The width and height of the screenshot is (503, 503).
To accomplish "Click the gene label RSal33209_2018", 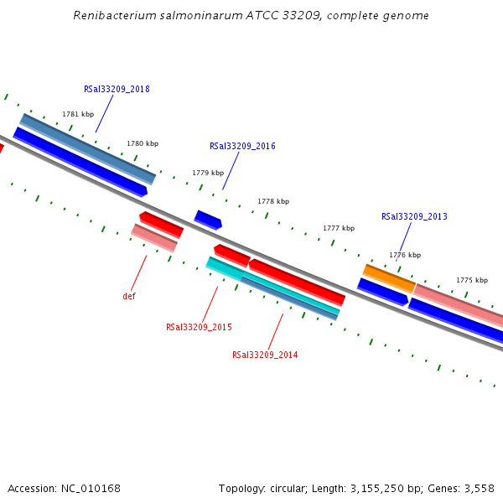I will click(x=117, y=89).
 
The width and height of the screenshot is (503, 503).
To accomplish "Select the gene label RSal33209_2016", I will click(x=242, y=146).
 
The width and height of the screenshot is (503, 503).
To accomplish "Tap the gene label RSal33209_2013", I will click(x=414, y=216).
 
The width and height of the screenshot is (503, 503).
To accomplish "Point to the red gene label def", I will click(x=129, y=296).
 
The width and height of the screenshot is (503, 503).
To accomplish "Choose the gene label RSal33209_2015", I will click(x=199, y=327).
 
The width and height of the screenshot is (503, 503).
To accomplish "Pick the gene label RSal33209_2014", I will click(x=265, y=355).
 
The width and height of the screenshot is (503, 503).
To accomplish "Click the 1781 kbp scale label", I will click(x=78, y=114).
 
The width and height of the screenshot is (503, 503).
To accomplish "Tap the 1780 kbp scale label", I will click(x=143, y=143).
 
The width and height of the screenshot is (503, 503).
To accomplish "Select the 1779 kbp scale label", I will click(x=208, y=173).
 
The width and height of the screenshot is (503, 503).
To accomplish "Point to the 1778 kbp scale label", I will click(x=273, y=201).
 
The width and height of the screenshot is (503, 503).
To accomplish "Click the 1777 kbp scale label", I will click(x=339, y=228).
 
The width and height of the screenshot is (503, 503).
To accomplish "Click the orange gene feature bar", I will click(x=389, y=278).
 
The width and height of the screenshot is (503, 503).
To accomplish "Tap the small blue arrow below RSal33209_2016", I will click(x=208, y=220).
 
